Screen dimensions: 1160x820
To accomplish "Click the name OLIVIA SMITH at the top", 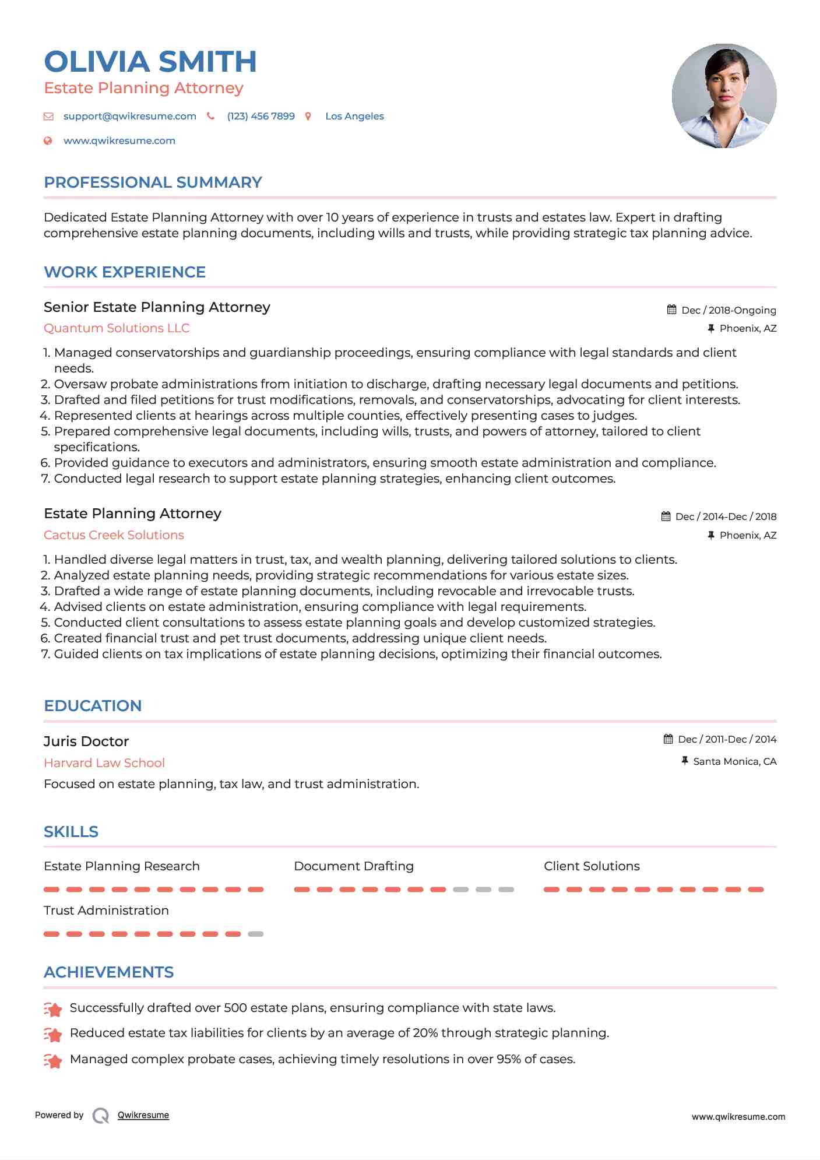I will click(x=150, y=62).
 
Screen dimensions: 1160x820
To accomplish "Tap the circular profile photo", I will click(x=724, y=96).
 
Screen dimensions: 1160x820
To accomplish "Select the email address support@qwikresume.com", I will click(x=129, y=116).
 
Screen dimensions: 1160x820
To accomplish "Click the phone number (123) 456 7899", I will click(x=261, y=116).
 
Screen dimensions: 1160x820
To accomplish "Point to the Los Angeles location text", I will click(x=354, y=116).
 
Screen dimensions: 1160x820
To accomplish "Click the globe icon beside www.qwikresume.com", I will click(x=48, y=140).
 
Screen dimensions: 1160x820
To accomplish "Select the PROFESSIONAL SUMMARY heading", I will click(x=153, y=182).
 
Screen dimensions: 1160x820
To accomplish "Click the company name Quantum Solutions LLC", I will click(x=117, y=328).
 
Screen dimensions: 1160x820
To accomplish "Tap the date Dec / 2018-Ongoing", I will click(x=729, y=310).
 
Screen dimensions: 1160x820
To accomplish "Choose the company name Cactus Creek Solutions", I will click(x=114, y=535).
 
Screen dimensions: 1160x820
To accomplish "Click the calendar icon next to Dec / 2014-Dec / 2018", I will click(x=666, y=516).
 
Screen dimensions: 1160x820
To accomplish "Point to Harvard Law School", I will click(x=104, y=762).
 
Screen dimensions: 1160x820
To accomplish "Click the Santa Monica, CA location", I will click(x=734, y=761).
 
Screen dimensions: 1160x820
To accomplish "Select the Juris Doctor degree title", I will click(x=86, y=741).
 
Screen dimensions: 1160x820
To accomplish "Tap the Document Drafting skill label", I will click(x=354, y=866).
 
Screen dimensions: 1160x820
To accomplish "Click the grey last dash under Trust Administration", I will click(x=255, y=934).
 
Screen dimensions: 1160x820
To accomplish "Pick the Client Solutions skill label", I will click(x=592, y=866).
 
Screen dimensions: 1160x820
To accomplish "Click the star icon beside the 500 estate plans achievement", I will click(x=53, y=1009).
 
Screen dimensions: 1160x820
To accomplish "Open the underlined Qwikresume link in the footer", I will click(x=143, y=1115).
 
